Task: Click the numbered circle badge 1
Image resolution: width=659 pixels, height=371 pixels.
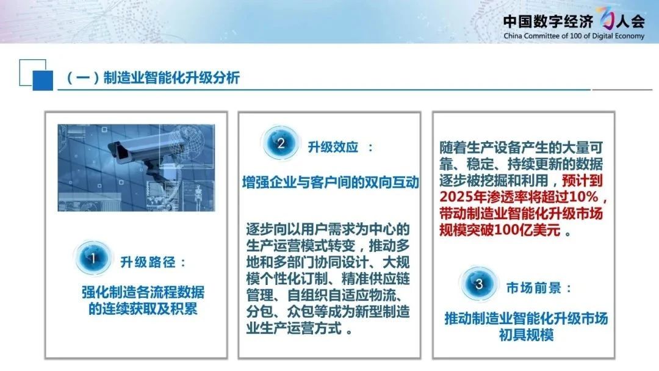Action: (93, 258)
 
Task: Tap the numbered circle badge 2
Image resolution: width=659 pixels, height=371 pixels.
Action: (280, 143)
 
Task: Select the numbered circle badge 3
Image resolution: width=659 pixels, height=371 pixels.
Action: (479, 284)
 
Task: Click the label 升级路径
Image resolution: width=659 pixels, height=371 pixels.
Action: (148, 262)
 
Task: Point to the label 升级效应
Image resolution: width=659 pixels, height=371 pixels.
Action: (333, 147)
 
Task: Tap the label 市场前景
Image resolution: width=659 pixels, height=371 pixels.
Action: (534, 288)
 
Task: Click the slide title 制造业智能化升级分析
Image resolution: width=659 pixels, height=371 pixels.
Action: (171, 77)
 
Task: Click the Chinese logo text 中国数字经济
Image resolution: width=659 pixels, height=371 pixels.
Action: (548, 21)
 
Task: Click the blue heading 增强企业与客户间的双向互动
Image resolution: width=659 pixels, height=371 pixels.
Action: (331, 182)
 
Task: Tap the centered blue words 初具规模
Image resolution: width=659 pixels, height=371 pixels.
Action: (526, 335)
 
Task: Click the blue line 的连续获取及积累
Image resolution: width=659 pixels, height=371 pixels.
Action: (143, 308)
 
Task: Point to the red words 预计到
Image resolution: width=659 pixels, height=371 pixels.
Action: (582, 181)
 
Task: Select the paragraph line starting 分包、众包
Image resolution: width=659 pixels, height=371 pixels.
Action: (328, 312)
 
